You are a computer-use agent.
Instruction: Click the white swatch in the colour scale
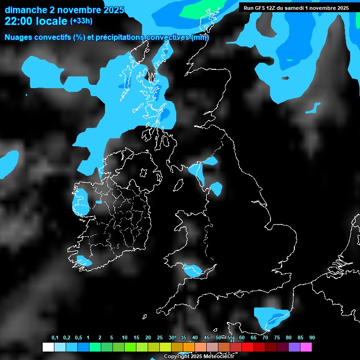48,347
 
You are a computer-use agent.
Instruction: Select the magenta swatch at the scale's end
306,347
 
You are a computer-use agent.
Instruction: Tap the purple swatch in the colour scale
294,347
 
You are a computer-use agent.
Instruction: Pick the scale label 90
312,337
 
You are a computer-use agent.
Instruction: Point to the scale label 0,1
55,337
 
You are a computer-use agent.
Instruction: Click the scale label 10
124,337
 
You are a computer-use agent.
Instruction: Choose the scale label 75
277,337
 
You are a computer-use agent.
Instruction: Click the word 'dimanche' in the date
23,9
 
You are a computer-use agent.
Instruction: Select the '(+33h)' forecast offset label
81,21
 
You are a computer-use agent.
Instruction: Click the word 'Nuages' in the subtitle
18,37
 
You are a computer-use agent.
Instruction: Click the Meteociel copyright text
199,356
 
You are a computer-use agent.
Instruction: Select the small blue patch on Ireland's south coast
84,262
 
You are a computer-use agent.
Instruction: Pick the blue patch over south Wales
193,270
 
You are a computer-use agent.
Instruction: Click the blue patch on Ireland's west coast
81,202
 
